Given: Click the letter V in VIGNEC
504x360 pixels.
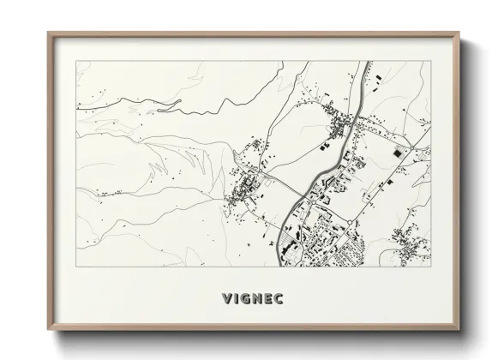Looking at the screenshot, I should click(226, 300).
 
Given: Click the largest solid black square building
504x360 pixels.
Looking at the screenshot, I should click(397, 153).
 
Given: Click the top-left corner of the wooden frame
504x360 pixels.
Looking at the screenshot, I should click(47, 33).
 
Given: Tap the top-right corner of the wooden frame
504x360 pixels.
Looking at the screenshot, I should click(461, 33).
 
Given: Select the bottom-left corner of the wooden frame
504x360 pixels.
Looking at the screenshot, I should click(47, 333).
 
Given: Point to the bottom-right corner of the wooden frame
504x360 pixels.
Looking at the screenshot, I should click(461, 333).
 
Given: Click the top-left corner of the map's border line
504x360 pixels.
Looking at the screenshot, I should click(76, 63).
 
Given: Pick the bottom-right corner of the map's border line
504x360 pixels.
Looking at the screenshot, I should click(431, 267).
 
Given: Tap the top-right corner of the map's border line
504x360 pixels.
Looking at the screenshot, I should click(431, 63).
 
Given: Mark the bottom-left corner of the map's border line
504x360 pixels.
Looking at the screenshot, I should click(76, 267).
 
